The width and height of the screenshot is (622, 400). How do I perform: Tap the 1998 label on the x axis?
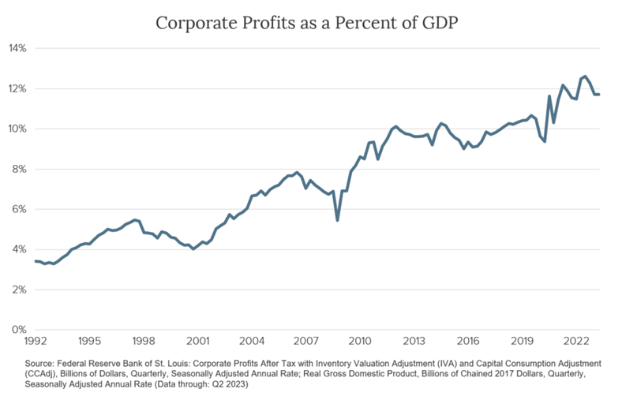[x=143, y=341]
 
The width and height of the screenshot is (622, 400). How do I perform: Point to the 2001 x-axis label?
[x=197, y=341]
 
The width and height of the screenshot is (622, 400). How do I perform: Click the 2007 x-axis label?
[x=305, y=341]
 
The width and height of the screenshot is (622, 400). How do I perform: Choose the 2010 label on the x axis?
[x=360, y=341]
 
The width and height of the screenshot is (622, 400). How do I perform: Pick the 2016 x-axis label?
[x=468, y=341]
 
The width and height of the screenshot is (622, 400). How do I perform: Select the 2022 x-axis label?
[x=576, y=341]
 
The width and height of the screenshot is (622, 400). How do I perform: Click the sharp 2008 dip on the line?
[x=338, y=219]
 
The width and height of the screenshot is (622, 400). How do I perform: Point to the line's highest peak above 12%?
[x=585, y=76]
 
